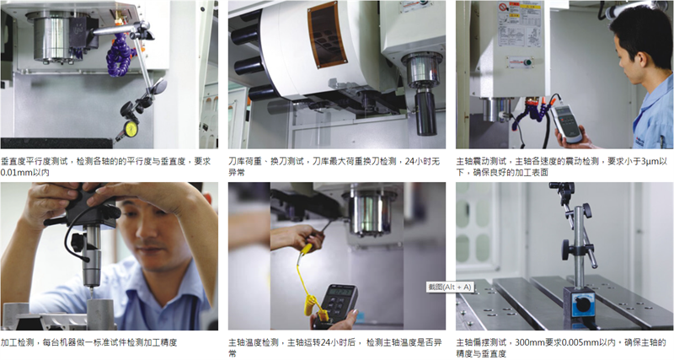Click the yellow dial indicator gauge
coord(131,129)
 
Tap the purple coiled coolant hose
coord(120,55)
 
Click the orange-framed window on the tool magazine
coord(327,35)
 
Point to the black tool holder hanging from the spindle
coord(425,112)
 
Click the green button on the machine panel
coord(527,62)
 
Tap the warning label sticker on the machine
coord(518,24)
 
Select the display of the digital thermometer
coord(340,292)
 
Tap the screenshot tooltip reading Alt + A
coord(450,287)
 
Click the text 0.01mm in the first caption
coord(13,173)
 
